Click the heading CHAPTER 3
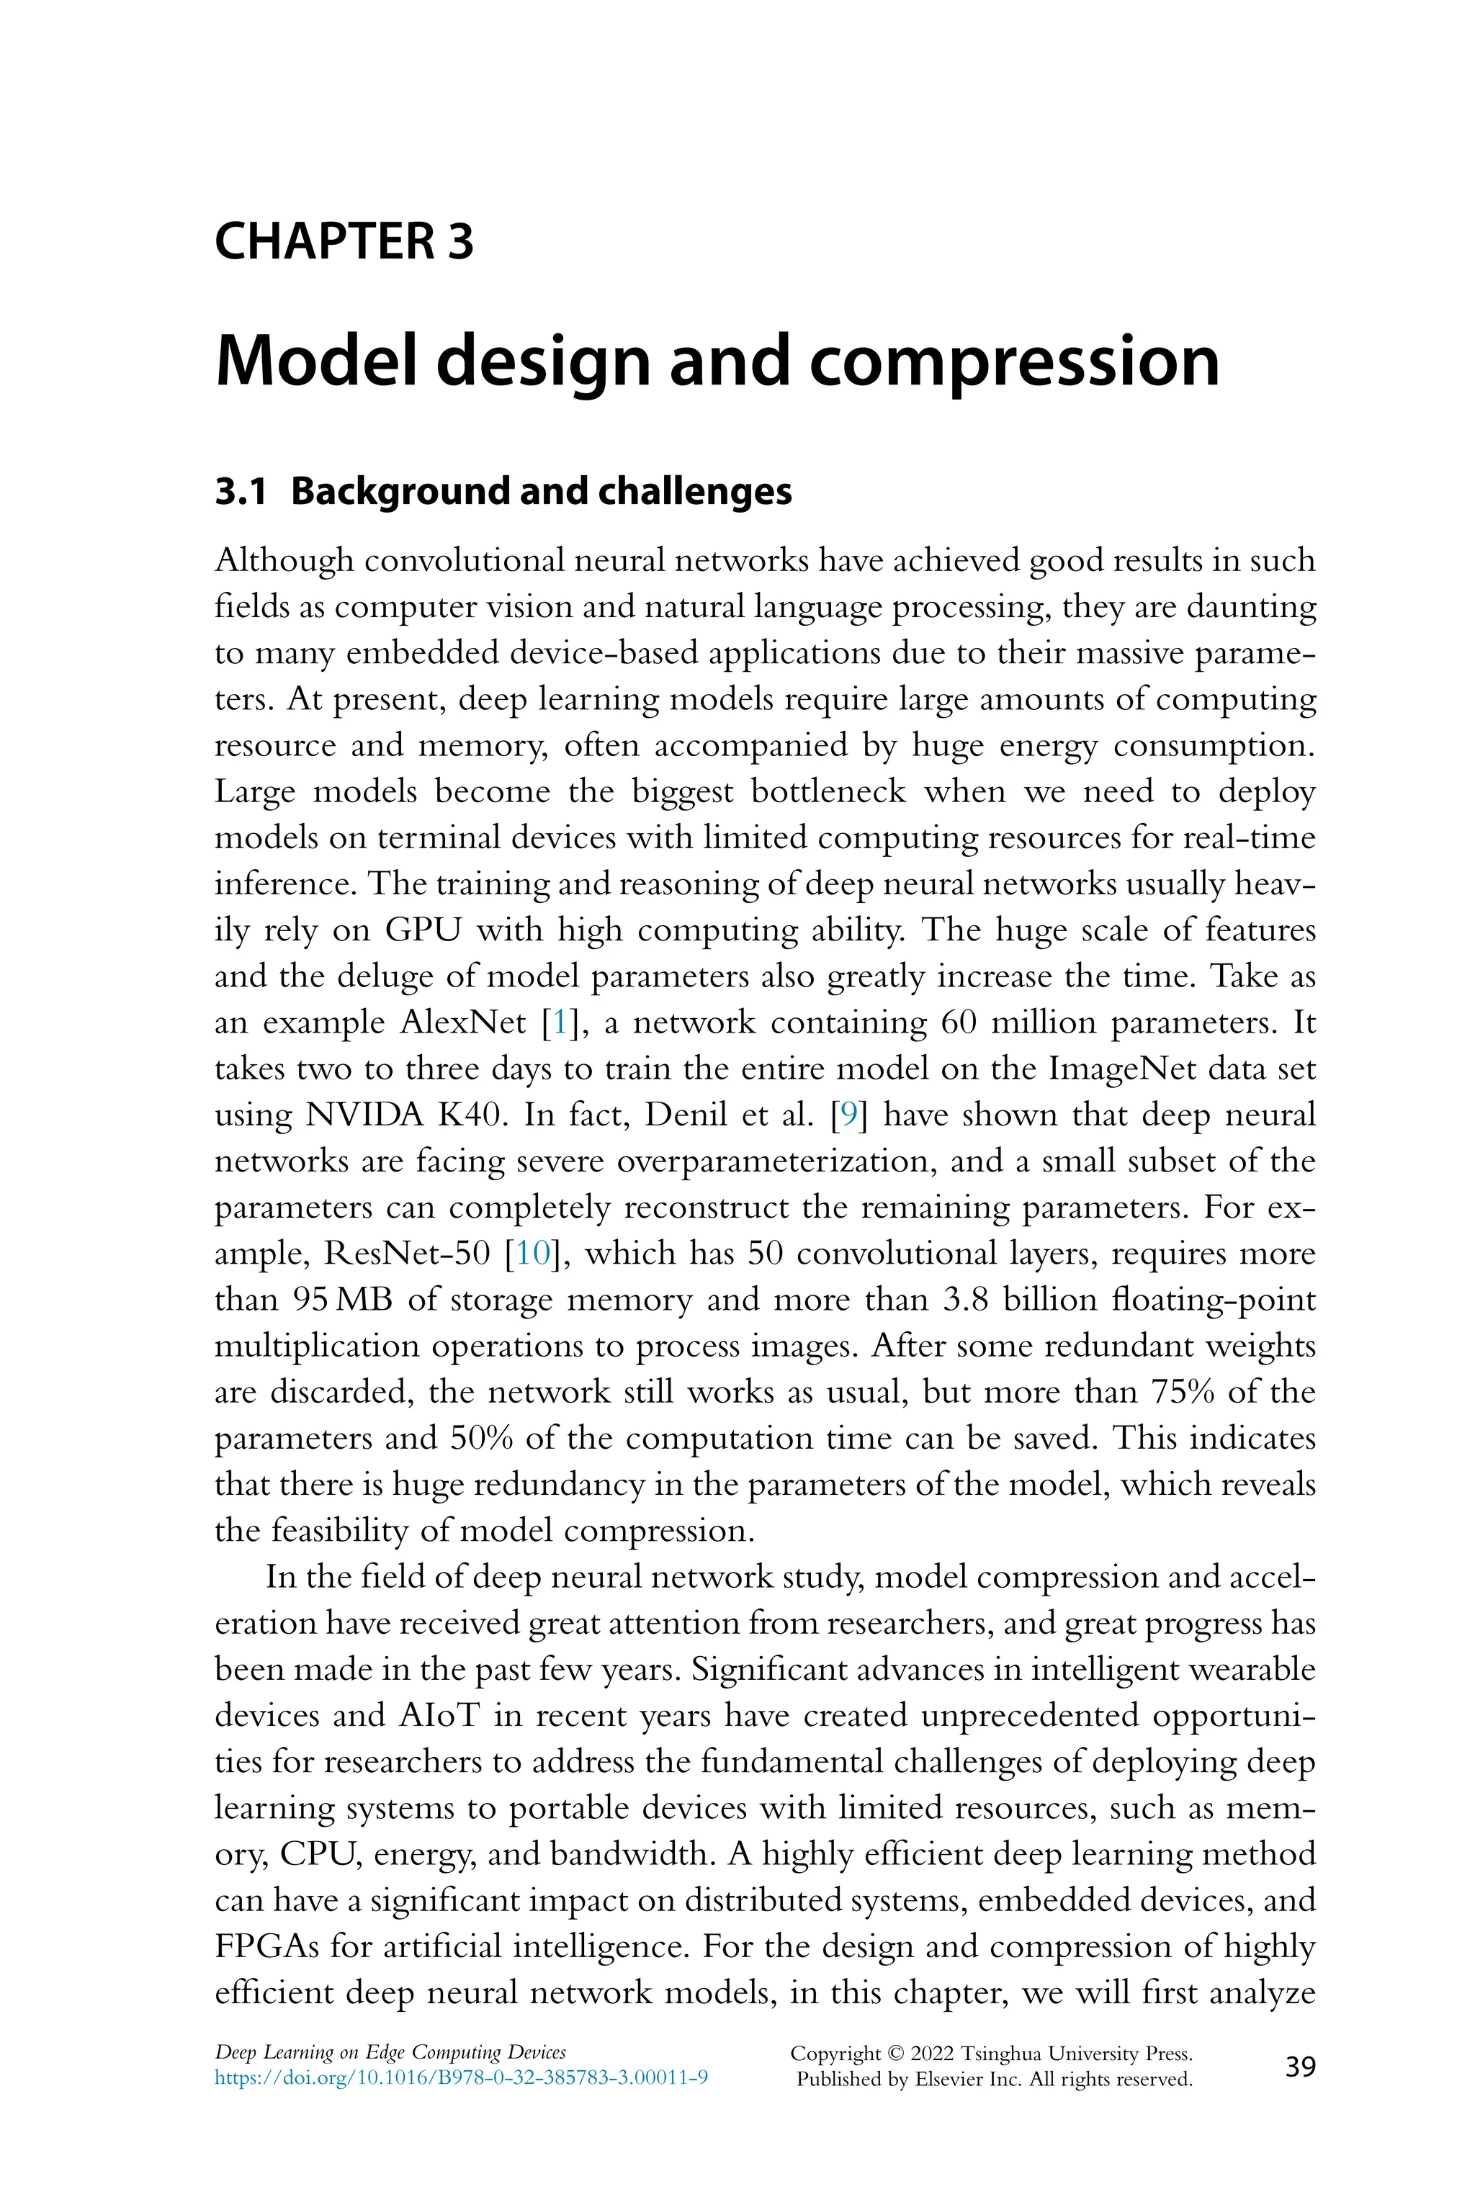tap(344, 242)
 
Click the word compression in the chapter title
tap(1014, 362)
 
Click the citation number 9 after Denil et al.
tap(848, 1115)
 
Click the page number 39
tap(1300, 2067)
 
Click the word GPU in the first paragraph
tap(421, 930)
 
